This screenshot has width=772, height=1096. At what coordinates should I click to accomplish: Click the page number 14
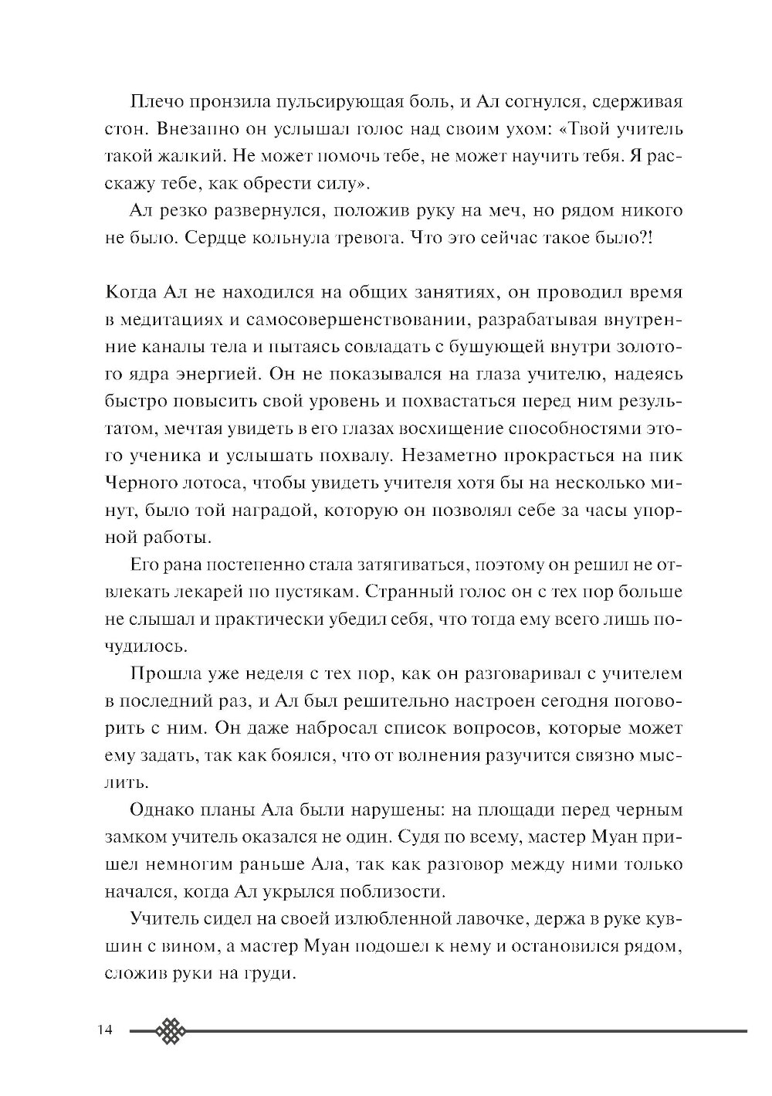[x=105, y=1030]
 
